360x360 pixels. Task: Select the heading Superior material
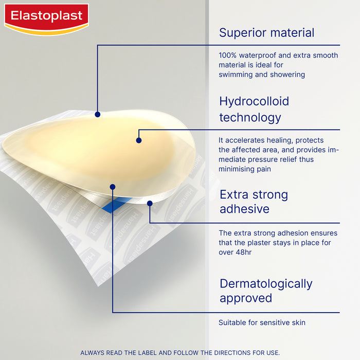266,33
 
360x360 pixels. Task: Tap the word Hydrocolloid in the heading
254,101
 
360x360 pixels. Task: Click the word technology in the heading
250,118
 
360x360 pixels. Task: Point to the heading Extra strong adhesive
254,202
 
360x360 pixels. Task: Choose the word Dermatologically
266,284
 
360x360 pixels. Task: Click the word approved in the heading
245,299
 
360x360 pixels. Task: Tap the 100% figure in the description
228,56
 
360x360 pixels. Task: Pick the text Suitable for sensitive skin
262,323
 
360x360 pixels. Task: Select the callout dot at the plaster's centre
139,139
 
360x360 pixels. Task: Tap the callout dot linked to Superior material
97,113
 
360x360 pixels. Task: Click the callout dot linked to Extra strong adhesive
150,203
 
